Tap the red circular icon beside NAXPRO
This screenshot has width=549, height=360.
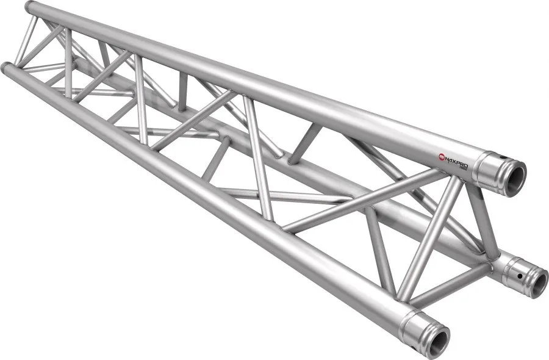pyautogui.click(x=441, y=157)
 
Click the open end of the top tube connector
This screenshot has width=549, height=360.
pyautogui.click(x=514, y=176)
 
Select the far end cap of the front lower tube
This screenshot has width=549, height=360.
pyautogui.click(x=6, y=67)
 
